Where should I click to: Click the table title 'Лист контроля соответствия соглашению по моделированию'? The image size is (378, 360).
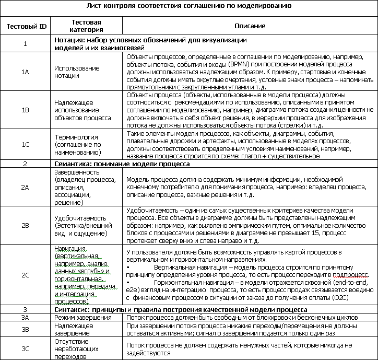click(188, 6)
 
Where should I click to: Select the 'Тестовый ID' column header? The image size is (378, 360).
click(25, 27)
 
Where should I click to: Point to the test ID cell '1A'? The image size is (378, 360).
click(25, 72)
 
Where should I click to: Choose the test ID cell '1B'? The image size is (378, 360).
click(25, 110)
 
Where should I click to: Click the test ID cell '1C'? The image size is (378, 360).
click(25, 145)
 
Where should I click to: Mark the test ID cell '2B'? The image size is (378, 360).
click(25, 225)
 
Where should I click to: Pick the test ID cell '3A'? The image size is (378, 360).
click(25, 317)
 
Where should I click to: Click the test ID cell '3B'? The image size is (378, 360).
click(25, 329)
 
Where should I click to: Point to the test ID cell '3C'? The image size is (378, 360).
click(25, 349)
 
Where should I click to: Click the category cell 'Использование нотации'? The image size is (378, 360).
click(77, 72)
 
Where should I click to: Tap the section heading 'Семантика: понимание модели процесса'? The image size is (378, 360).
click(122, 164)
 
